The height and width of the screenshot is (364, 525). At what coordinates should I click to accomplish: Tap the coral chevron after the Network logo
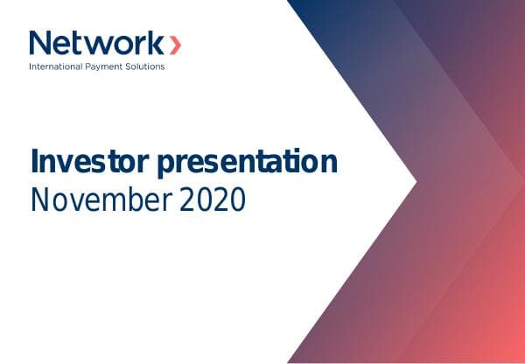(176, 43)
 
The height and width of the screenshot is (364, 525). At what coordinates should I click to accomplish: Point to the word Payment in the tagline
(108, 66)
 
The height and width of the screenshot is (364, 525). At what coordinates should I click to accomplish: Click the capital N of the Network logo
(40, 43)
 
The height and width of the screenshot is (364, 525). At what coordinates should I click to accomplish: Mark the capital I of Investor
(36, 163)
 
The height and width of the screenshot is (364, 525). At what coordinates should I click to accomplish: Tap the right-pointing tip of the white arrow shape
(416, 182)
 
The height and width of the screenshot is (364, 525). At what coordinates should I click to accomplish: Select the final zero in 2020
(238, 200)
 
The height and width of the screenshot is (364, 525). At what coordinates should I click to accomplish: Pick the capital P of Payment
(94, 66)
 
